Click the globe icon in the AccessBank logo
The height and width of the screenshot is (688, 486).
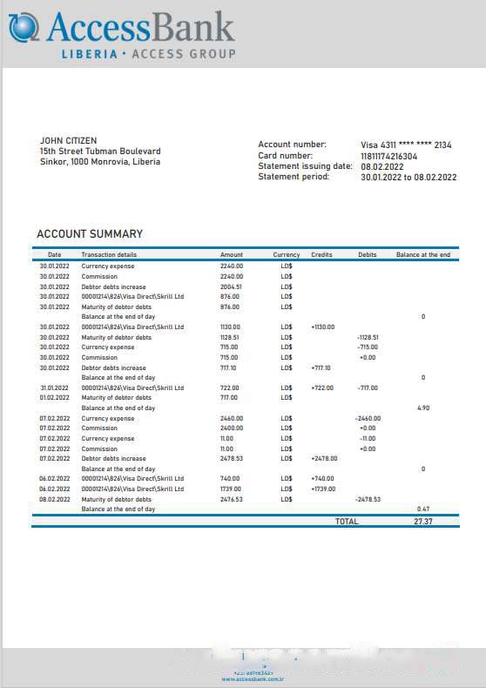[x=24, y=28]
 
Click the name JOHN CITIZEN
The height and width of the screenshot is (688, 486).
[x=69, y=140]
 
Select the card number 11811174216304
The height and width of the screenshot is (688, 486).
[x=388, y=156]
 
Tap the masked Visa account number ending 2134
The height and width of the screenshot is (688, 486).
[x=406, y=145]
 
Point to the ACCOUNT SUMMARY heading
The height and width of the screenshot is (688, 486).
[x=90, y=234]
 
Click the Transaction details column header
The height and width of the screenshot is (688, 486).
[x=109, y=255]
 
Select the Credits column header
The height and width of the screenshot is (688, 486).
[x=321, y=255]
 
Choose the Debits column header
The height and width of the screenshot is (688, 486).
[x=368, y=255]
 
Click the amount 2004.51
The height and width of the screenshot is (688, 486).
[x=231, y=287]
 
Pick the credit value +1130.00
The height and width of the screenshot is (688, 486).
[x=322, y=327]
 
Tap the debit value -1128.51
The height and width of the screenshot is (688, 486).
[x=368, y=337]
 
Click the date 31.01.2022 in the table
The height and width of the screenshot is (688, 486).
[x=54, y=388]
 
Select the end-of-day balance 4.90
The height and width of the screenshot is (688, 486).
[x=423, y=408]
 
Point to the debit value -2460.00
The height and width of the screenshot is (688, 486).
[x=368, y=418]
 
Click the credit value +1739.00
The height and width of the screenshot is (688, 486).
[x=323, y=489]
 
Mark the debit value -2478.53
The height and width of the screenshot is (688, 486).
[x=368, y=499]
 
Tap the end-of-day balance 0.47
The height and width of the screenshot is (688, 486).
[x=423, y=509]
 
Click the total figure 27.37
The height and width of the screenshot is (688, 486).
[x=423, y=522]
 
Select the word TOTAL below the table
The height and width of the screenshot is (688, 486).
[x=347, y=522]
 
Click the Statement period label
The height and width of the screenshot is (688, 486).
[x=294, y=177]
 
